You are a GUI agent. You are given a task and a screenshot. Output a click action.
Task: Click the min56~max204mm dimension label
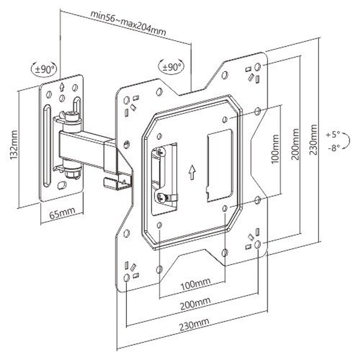pos(128,23)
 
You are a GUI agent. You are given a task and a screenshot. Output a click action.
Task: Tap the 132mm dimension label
pos(14,145)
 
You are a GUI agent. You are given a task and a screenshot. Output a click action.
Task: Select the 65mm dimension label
pos(62,214)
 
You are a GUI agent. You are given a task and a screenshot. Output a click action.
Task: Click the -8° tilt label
pos(334,148)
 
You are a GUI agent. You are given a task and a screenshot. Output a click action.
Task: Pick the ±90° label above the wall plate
pos(43,69)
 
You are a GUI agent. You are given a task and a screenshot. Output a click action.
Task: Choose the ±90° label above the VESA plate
pos(172,67)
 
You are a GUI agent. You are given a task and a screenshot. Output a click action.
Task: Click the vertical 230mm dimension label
pos(313,140)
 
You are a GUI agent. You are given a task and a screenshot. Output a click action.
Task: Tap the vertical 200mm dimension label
pos(295,144)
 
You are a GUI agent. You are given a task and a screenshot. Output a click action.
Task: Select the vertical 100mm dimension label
pos(276,149)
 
